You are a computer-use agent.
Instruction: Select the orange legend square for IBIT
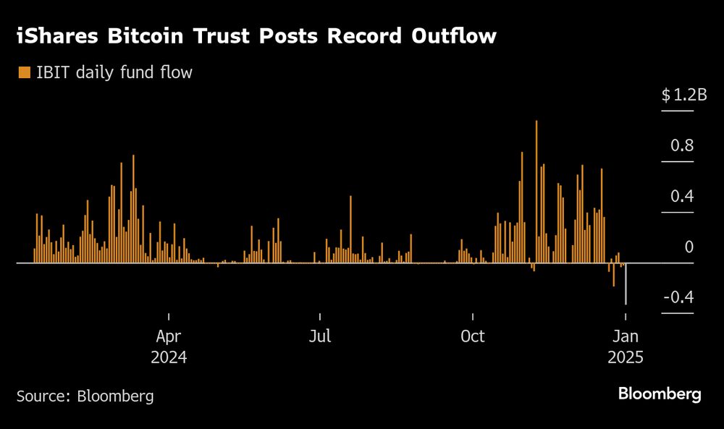[24, 72]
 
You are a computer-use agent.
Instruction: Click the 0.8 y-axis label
[683, 145]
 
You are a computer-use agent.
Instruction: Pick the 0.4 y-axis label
[683, 196]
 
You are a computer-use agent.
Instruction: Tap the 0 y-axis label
[689, 247]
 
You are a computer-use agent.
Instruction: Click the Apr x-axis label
[169, 336]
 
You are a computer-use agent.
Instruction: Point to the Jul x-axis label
[320, 336]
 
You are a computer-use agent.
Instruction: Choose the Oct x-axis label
[473, 336]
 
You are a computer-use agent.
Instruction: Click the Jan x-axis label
[626, 336]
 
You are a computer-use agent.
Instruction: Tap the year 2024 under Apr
[169, 357]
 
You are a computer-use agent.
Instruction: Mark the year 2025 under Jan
[626, 357]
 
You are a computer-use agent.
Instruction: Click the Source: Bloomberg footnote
[85, 396]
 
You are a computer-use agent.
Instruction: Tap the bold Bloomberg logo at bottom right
[660, 394]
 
